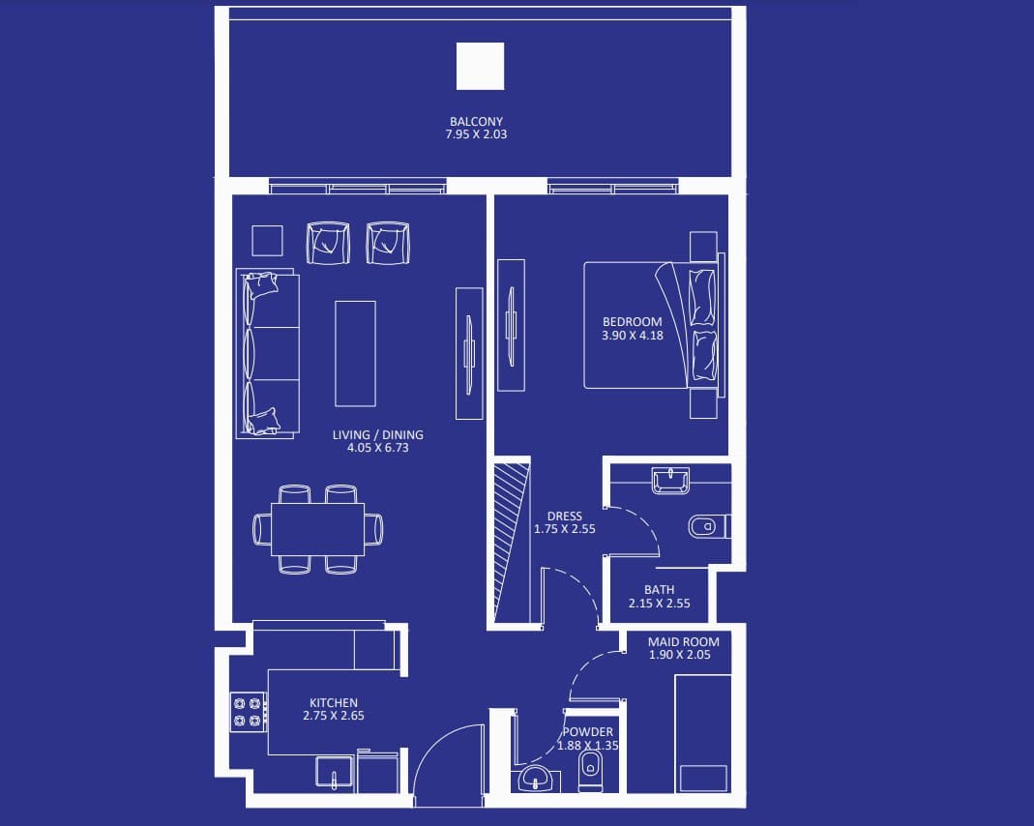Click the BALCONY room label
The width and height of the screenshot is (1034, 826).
(476, 121)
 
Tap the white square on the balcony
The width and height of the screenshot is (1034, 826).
(480, 66)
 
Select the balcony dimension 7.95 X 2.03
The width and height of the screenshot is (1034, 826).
(476, 133)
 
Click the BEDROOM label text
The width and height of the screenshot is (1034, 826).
(632, 322)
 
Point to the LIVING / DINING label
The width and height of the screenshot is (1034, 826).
(378, 434)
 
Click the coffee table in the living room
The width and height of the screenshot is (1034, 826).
(355, 353)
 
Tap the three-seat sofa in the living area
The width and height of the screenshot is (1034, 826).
(268, 353)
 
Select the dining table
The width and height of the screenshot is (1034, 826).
(318, 529)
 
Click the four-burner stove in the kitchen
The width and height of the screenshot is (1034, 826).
(249, 712)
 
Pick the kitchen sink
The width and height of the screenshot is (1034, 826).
(335, 773)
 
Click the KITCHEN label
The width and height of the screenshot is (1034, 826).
(334, 703)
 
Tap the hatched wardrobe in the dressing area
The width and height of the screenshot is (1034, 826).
(513, 543)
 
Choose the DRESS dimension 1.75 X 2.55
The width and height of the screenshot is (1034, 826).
(565, 529)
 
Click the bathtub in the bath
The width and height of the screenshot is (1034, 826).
(670, 481)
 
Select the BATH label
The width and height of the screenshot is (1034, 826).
(660, 590)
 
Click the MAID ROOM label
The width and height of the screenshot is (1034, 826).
(683, 641)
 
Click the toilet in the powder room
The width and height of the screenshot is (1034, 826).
(590, 772)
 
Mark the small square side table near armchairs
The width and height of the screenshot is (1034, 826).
(267, 241)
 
